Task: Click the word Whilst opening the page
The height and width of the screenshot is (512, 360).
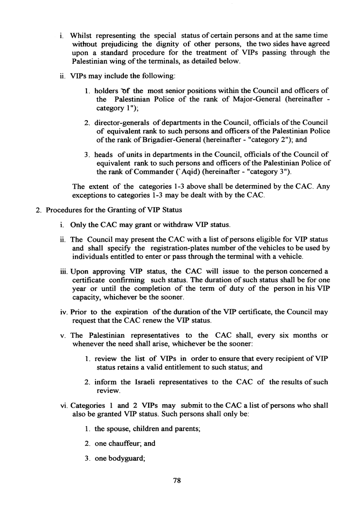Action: click(x=83, y=35)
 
